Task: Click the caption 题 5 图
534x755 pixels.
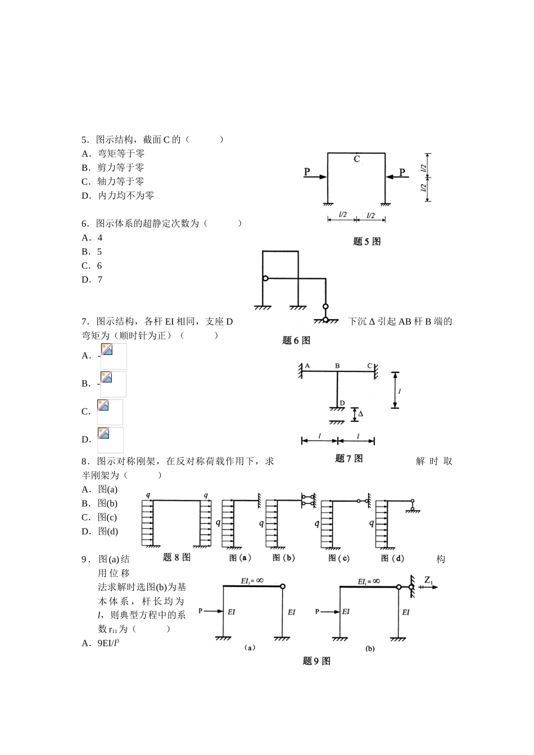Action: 366,242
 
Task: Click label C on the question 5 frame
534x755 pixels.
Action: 356,160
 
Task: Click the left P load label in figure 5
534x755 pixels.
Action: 307,171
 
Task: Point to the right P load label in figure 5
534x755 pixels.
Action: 402,171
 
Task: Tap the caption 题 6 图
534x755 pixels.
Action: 296,340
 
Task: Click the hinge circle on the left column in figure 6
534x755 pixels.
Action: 265,278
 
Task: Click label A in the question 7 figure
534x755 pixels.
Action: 307,366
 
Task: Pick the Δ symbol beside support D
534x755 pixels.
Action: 360,414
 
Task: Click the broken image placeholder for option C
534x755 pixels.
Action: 110,412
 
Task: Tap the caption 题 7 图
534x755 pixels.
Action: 349,458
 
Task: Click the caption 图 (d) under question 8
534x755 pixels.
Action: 392,558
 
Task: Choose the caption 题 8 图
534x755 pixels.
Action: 177,557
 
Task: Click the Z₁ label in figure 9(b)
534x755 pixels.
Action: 428,580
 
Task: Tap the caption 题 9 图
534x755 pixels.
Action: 316,661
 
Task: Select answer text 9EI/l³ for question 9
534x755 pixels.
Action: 108,643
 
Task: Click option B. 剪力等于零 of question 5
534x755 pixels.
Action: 113,167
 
